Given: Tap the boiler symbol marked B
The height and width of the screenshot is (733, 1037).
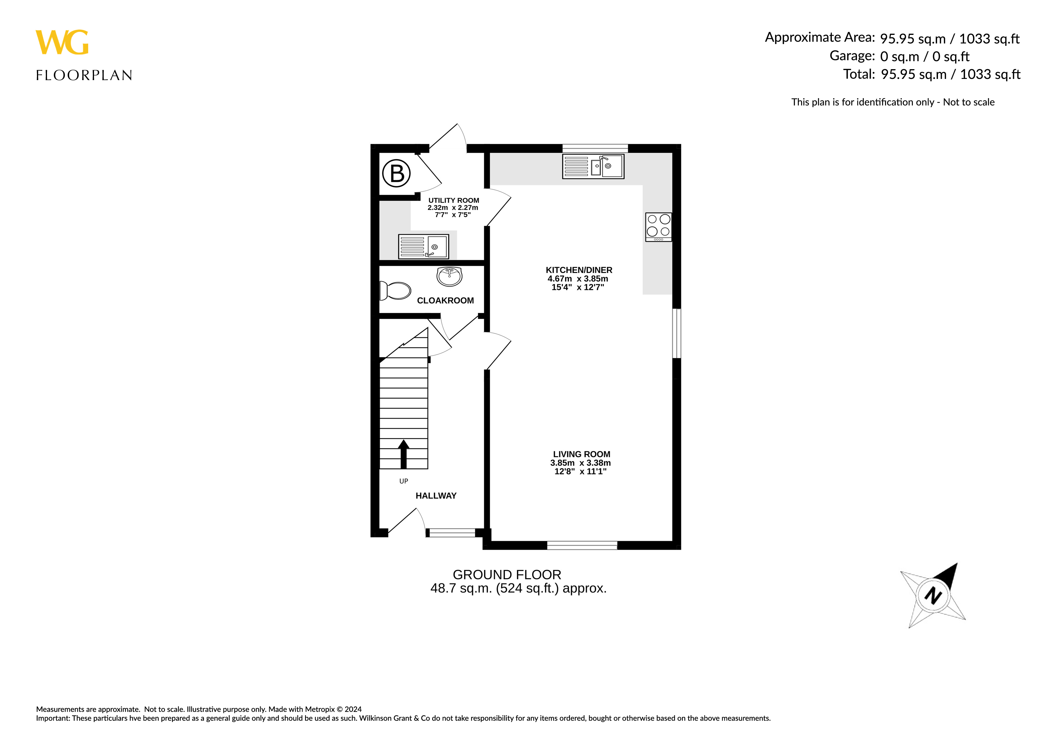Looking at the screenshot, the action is click(396, 173).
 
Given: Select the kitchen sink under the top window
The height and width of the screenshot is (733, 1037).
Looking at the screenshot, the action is click(593, 166).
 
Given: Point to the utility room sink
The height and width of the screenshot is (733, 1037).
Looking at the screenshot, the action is click(423, 247).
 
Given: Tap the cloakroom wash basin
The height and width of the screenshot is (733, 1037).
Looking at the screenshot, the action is click(449, 276).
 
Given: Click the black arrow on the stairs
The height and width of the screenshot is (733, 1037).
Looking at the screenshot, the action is click(403, 454).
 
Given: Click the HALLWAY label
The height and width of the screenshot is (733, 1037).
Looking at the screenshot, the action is click(436, 496).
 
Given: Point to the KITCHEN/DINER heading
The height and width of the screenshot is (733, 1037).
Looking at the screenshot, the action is click(579, 270).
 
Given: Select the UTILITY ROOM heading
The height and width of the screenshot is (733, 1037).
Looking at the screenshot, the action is click(453, 200).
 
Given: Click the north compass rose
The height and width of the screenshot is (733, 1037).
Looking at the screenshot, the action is click(933, 595).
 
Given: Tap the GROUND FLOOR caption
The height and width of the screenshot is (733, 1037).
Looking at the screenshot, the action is click(507, 575).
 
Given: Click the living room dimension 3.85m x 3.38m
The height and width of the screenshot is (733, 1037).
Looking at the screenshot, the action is click(580, 463).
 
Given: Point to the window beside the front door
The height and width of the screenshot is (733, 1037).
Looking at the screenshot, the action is click(452, 533).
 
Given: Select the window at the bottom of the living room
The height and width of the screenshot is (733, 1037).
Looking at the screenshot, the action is click(582, 545).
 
